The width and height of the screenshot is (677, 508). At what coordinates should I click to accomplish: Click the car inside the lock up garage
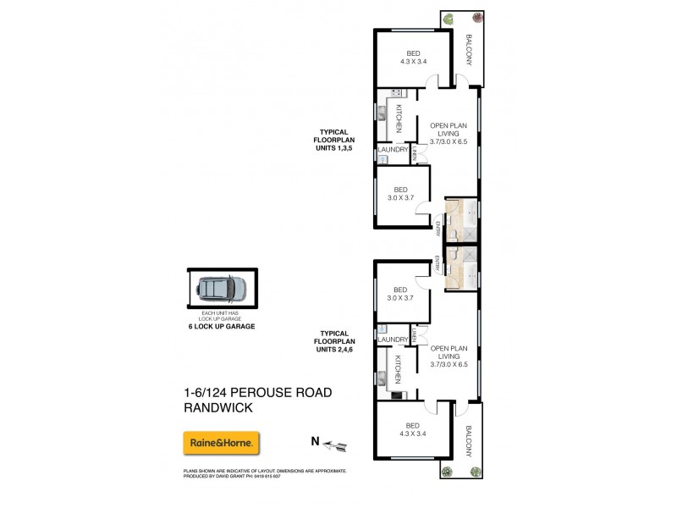click(222, 290)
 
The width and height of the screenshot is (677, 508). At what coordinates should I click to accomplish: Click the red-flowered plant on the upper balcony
click(478, 18)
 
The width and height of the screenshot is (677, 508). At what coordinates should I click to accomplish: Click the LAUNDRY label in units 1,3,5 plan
click(394, 150)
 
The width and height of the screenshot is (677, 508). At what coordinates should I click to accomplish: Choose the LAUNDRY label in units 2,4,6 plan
click(394, 340)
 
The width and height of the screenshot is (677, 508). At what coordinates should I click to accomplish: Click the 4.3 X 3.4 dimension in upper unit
click(415, 61)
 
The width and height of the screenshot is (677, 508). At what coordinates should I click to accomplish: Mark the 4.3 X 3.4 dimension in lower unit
click(415, 433)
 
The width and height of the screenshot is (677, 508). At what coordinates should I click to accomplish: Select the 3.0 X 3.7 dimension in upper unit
click(401, 197)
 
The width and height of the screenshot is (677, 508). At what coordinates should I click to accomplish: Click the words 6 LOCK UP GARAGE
click(222, 326)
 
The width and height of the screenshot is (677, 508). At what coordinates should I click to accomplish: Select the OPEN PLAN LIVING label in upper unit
click(449, 134)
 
